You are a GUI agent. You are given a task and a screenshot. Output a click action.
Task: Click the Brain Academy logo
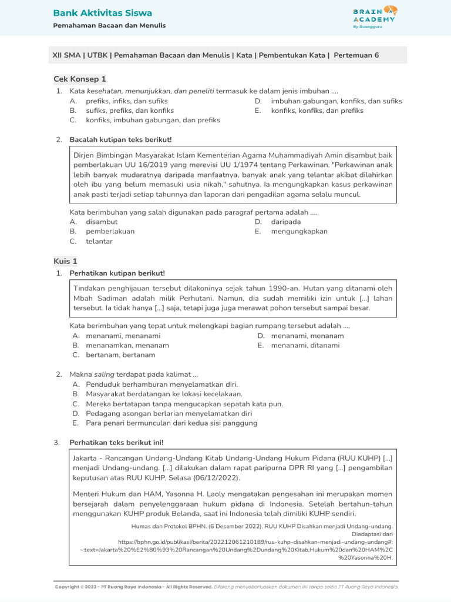(x=375, y=17)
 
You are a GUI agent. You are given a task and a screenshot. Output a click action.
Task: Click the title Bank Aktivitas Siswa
(x=102, y=13)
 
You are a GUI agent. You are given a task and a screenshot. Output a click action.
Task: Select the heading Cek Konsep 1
(x=80, y=79)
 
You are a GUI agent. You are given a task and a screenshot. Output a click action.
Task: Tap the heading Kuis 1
(x=65, y=261)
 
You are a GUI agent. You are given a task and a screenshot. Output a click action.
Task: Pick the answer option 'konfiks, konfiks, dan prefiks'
(x=317, y=111)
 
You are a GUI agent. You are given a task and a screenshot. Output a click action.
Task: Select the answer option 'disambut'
(x=102, y=222)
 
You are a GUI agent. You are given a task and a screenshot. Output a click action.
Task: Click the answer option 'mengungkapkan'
(x=299, y=232)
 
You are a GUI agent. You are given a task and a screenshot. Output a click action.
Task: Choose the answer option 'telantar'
(x=99, y=241)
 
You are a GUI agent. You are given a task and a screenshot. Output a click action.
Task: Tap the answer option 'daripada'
(x=286, y=222)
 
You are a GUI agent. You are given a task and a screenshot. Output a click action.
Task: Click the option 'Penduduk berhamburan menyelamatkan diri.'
(x=161, y=384)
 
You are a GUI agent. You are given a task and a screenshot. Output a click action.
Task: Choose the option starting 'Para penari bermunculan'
(x=171, y=423)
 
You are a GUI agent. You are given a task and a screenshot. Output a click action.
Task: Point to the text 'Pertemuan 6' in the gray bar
(x=356, y=55)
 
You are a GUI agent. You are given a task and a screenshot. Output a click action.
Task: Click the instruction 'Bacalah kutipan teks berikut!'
(x=120, y=139)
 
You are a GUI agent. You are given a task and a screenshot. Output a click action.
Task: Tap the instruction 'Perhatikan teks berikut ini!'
(x=117, y=442)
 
